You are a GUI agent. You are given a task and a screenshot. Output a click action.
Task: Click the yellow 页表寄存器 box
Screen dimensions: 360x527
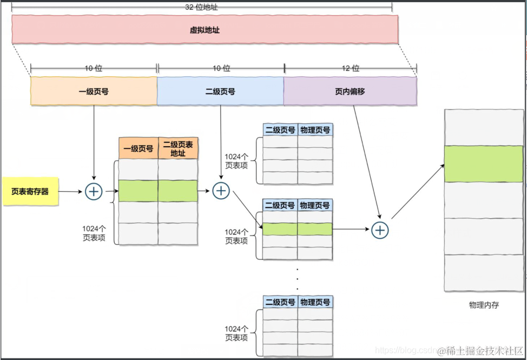(x=30, y=191)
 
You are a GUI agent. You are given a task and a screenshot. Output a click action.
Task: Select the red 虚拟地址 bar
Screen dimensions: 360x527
(x=205, y=30)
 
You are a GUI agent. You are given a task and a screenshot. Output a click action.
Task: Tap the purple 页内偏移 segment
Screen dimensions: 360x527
(x=350, y=91)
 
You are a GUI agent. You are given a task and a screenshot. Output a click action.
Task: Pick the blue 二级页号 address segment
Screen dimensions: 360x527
(x=220, y=91)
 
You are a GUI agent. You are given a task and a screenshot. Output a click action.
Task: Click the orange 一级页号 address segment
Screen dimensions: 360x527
(x=94, y=91)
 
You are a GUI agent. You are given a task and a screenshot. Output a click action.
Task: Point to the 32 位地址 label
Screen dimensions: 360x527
(x=201, y=7)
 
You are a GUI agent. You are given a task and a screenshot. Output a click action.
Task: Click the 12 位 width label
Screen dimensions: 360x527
(x=351, y=68)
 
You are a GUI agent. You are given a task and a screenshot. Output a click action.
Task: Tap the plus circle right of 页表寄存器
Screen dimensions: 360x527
(x=94, y=191)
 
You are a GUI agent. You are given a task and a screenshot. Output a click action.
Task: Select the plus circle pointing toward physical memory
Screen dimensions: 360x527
(x=380, y=230)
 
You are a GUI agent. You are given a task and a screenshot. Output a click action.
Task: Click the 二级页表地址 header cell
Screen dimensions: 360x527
(x=178, y=148)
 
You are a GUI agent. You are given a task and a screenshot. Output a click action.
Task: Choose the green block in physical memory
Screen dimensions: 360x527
(x=483, y=164)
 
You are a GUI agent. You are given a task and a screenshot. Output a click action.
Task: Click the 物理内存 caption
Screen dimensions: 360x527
(x=484, y=305)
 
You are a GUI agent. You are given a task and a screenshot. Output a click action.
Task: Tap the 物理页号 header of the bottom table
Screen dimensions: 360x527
(x=315, y=302)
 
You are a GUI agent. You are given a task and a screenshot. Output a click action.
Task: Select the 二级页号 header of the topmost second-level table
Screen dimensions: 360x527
(x=280, y=130)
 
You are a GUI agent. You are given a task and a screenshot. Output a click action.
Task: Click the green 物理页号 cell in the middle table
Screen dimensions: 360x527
(x=315, y=229)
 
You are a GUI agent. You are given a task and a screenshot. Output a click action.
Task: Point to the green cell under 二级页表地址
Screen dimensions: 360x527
(x=178, y=191)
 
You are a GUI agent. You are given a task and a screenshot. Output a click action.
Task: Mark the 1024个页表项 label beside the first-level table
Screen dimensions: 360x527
(x=94, y=233)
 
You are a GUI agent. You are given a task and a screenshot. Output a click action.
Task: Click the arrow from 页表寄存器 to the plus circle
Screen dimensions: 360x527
(x=71, y=191)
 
